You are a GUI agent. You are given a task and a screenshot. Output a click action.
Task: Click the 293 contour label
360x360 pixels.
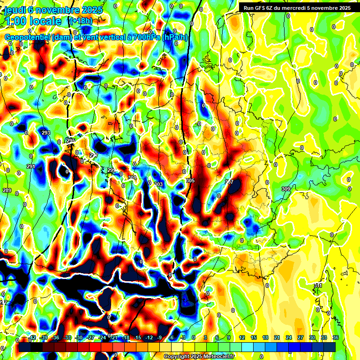click(x=46, y=133)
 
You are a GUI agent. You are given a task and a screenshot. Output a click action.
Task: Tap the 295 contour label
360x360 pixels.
click(x=71, y=141)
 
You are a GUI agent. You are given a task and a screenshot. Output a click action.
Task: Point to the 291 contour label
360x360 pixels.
click(x=31, y=166)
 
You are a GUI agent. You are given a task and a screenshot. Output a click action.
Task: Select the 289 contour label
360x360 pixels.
click(x=7, y=190)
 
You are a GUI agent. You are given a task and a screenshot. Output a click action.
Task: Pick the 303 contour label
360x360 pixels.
click(x=158, y=184)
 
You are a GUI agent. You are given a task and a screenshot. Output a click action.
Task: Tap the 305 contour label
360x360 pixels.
click(x=190, y=180)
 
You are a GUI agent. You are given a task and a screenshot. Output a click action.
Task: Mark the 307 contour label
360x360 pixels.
click(x=229, y=182)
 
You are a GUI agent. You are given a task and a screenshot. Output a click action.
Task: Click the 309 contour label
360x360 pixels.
click(x=286, y=189)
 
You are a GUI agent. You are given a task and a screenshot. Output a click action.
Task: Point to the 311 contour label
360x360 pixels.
click(x=318, y=285)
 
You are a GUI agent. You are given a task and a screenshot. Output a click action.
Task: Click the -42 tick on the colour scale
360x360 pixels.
click(x=32, y=337)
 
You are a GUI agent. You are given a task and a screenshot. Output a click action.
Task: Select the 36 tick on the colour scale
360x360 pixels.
click(x=335, y=337)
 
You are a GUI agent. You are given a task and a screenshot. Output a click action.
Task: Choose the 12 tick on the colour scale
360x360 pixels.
click(x=242, y=337)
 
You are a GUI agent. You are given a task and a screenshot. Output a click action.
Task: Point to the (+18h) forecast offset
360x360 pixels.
click(x=81, y=21)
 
